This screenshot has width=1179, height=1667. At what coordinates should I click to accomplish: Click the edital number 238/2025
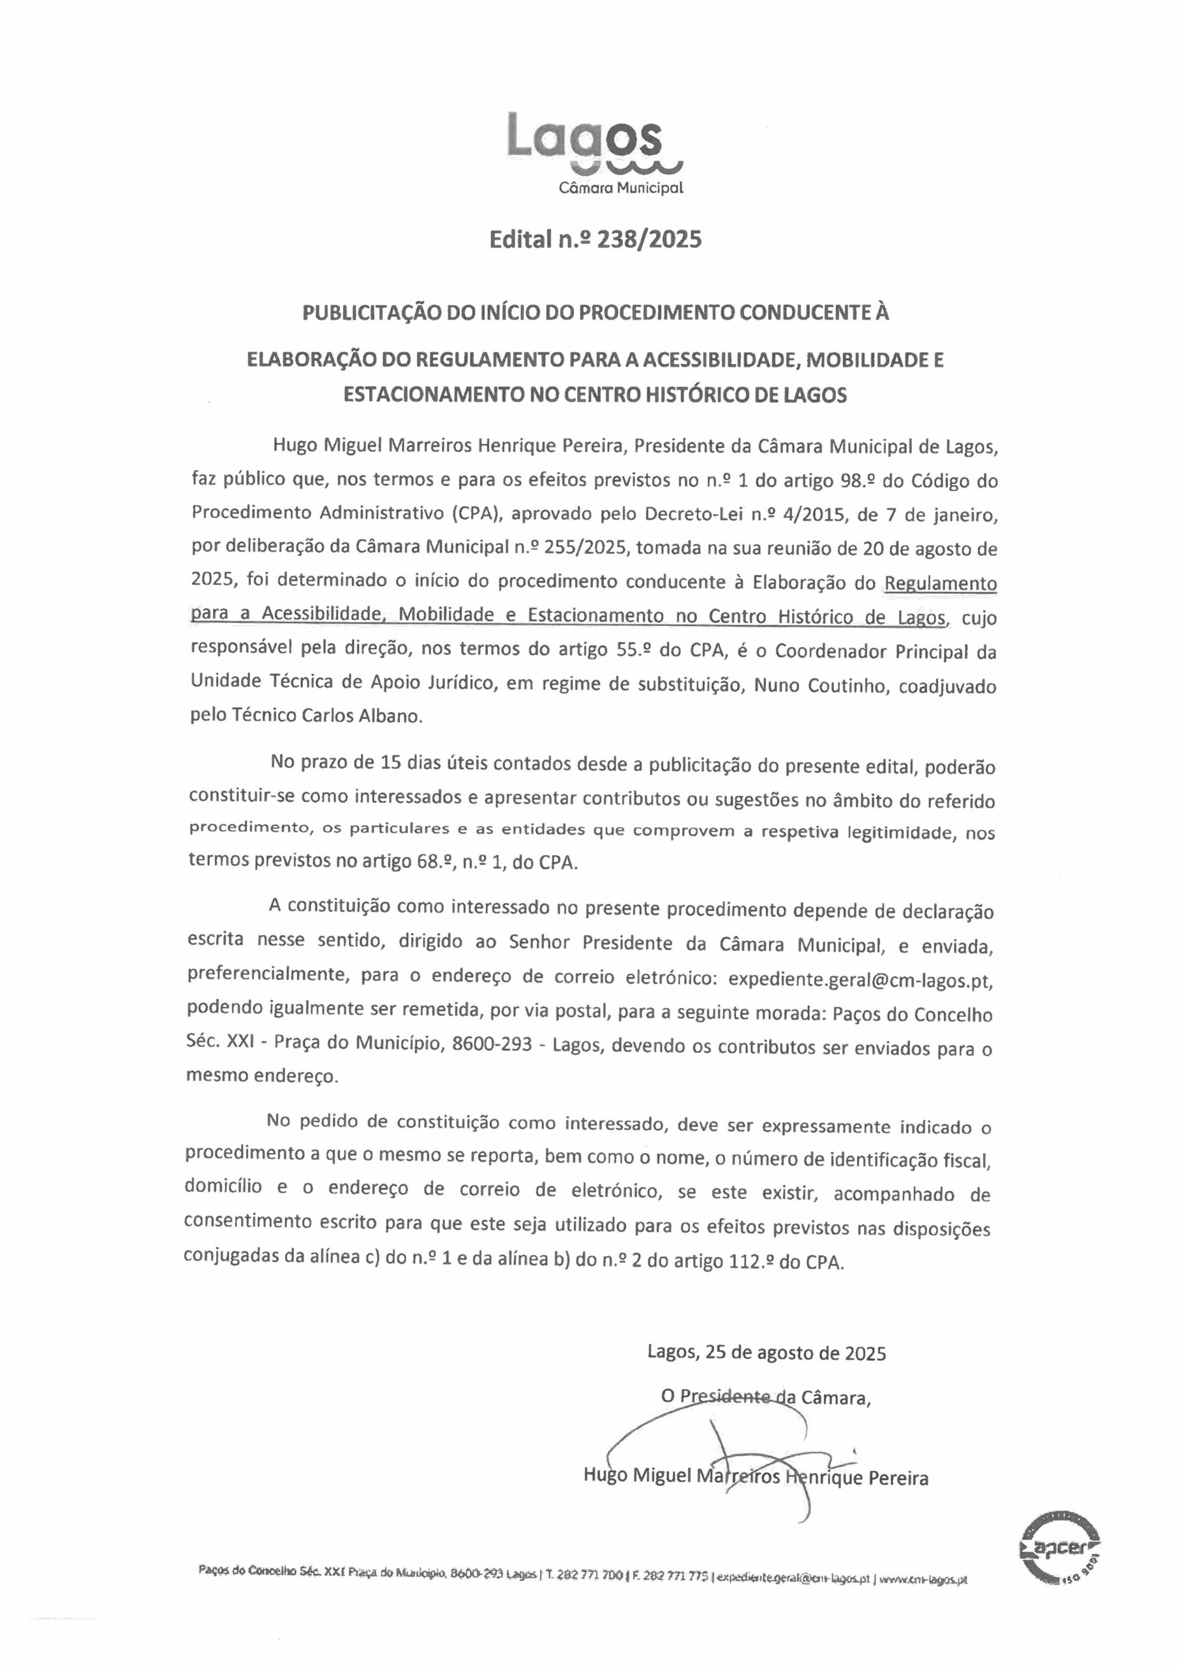tap(649, 239)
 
